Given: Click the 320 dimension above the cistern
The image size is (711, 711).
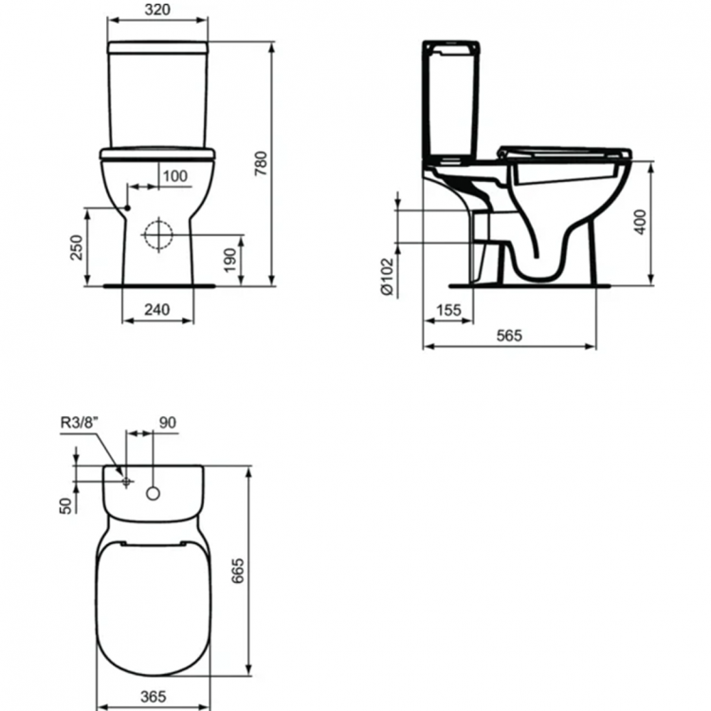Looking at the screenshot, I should pyautogui.click(x=158, y=10).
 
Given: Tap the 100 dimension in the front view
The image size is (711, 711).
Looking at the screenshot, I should pyautogui.click(x=173, y=176).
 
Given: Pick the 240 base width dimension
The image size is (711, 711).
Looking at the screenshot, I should pyautogui.click(x=157, y=309).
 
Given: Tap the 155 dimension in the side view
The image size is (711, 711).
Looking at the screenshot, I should pyautogui.click(x=447, y=310).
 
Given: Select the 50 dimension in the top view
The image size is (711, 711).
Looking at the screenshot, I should pyautogui.click(x=65, y=503).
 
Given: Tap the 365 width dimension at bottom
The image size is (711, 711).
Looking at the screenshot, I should pyautogui.click(x=153, y=695).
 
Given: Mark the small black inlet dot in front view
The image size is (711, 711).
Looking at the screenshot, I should pyautogui.click(x=127, y=209).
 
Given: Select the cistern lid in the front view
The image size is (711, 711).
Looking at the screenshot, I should pyautogui.click(x=159, y=46).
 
